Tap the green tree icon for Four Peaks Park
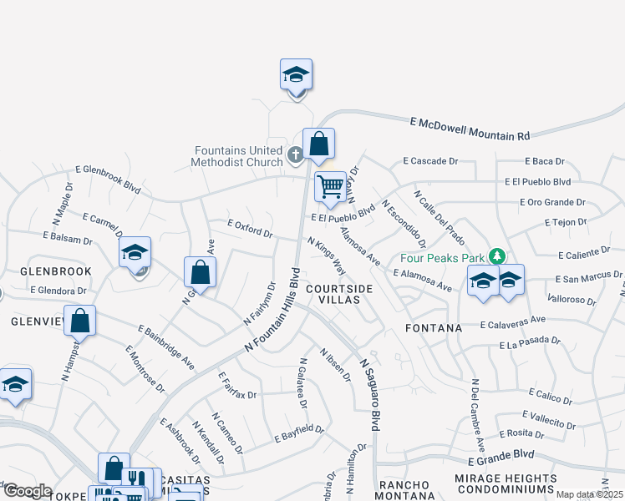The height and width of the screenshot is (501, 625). pyautogui.click(x=497, y=255)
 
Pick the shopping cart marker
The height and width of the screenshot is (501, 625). pyautogui.click(x=331, y=187)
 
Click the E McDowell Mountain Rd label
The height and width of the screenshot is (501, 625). pyautogui.click(x=470, y=128)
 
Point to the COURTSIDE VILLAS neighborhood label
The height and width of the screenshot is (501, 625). pyautogui.click(x=339, y=294)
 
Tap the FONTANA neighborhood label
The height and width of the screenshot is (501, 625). pyautogui.click(x=434, y=328)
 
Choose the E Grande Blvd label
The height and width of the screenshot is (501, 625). pyautogui.click(x=501, y=458)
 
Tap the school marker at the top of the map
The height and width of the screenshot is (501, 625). pyautogui.click(x=296, y=76)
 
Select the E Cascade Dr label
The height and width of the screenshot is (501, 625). pyautogui.click(x=431, y=160)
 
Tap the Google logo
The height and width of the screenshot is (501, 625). pyautogui.click(x=28, y=491)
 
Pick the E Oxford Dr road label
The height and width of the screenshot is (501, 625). pyautogui.click(x=250, y=228)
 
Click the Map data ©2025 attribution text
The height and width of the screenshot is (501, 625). pyautogui.click(x=589, y=494)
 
